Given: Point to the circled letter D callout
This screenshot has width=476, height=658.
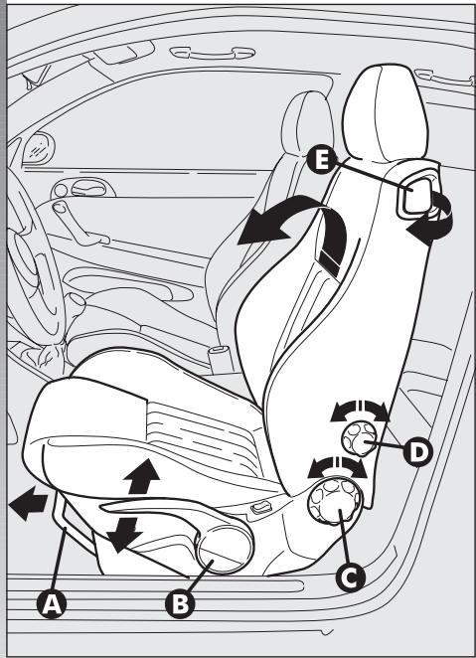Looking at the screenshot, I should click(419, 452).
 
